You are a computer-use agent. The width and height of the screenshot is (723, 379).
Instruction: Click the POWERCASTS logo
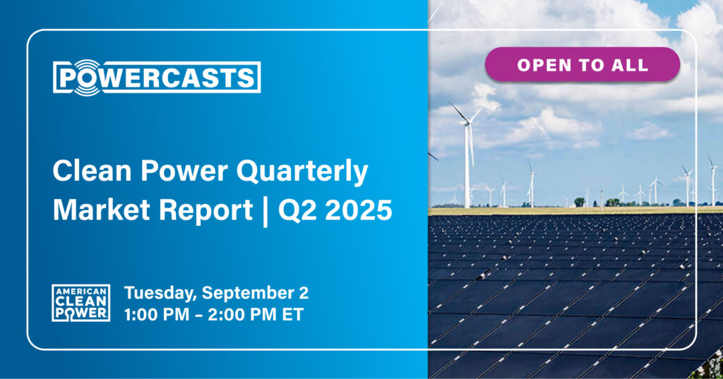tap(157, 78)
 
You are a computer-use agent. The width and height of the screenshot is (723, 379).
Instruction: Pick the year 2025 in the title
tap(358, 210)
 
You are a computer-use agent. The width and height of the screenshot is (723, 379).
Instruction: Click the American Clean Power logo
tap(80, 303)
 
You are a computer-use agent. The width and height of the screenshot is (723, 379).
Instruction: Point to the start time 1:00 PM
tap(156, 315)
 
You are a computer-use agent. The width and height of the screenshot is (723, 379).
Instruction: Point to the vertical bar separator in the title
tap(265, 210)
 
